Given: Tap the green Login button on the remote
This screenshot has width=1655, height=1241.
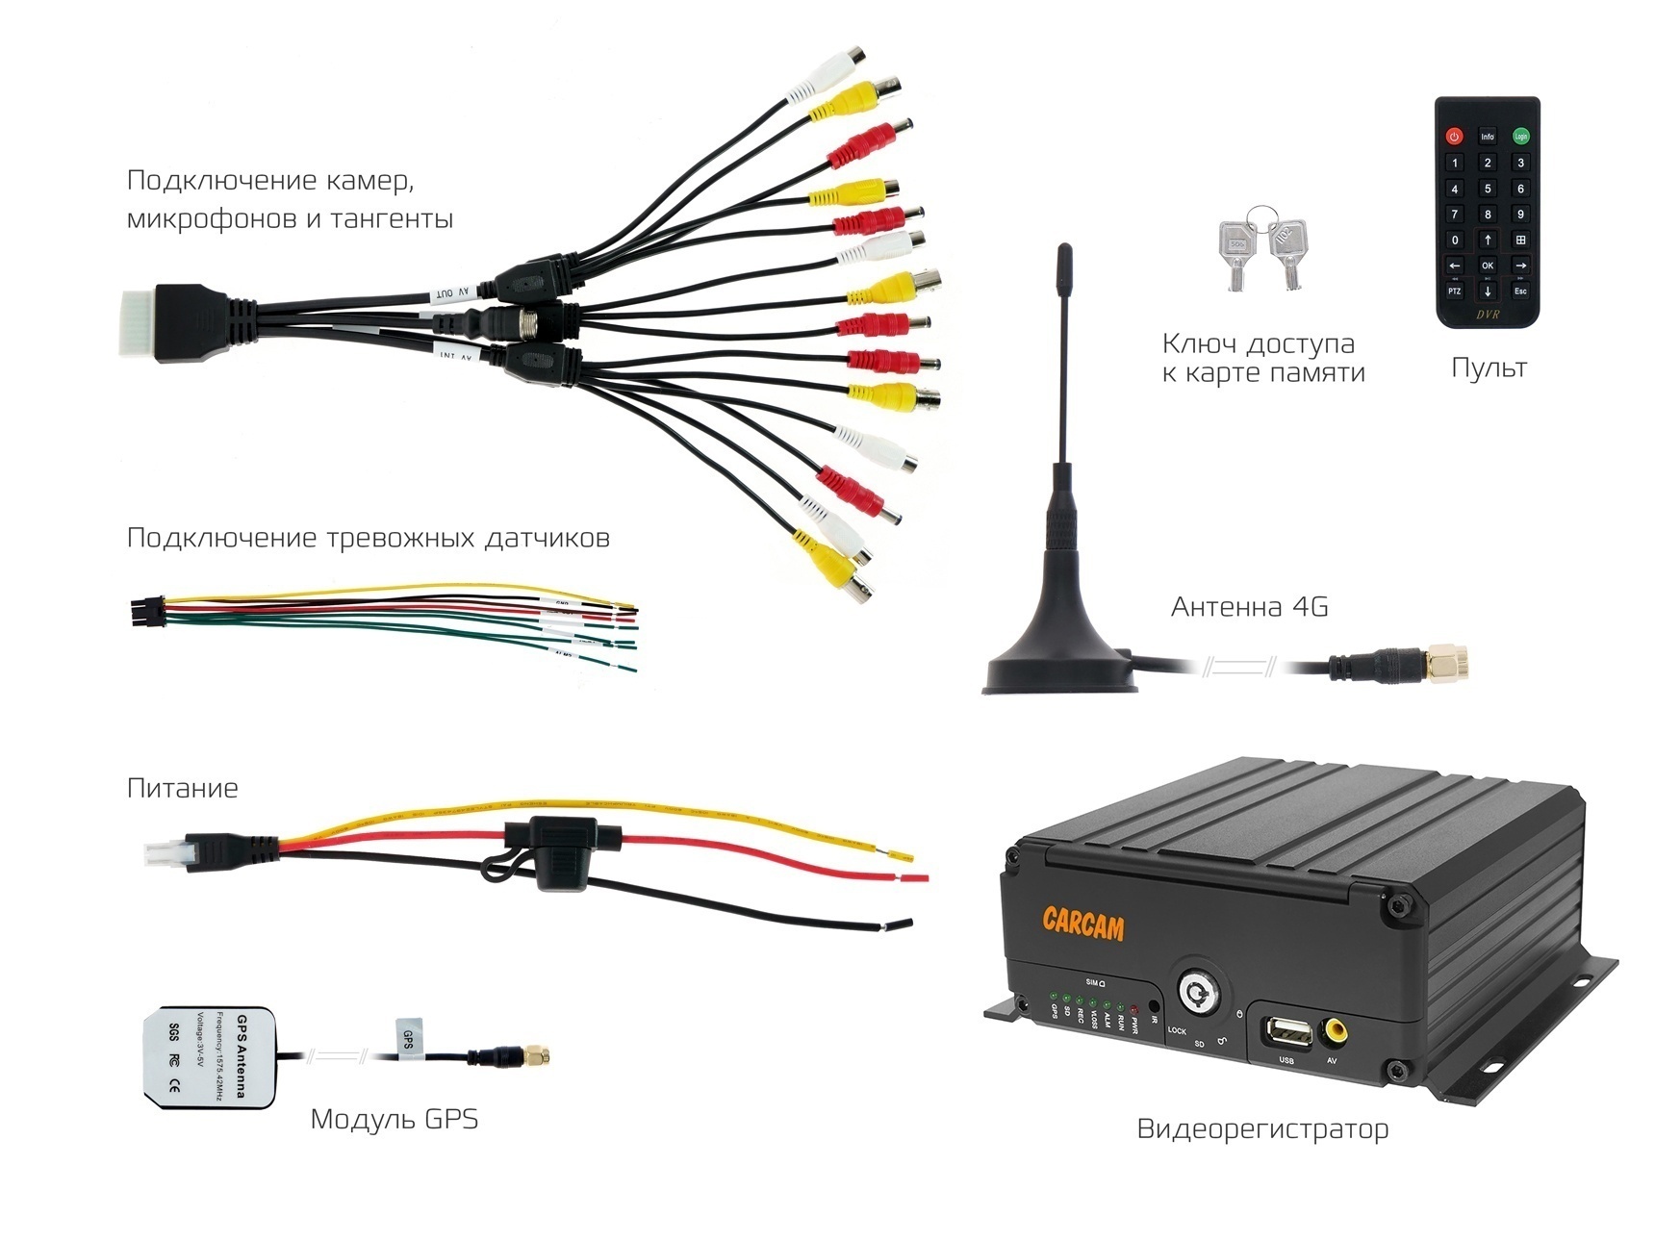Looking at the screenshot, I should point(1520,137).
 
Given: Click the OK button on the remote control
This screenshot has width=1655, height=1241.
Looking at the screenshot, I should point(1488,266).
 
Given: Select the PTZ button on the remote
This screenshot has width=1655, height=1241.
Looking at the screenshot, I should point(1455,291).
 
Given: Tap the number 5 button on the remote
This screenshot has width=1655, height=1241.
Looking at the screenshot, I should point(1488,189).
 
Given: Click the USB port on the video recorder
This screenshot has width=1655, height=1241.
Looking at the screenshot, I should point(1287,1035).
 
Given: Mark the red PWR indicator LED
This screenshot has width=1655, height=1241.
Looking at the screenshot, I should point(1134,1007).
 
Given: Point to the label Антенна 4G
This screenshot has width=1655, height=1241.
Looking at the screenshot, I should point(1249,607).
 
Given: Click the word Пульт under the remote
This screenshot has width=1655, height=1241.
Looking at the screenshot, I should point(1488,367).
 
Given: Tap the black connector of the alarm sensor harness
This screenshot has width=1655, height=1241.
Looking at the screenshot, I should point(146,612).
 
